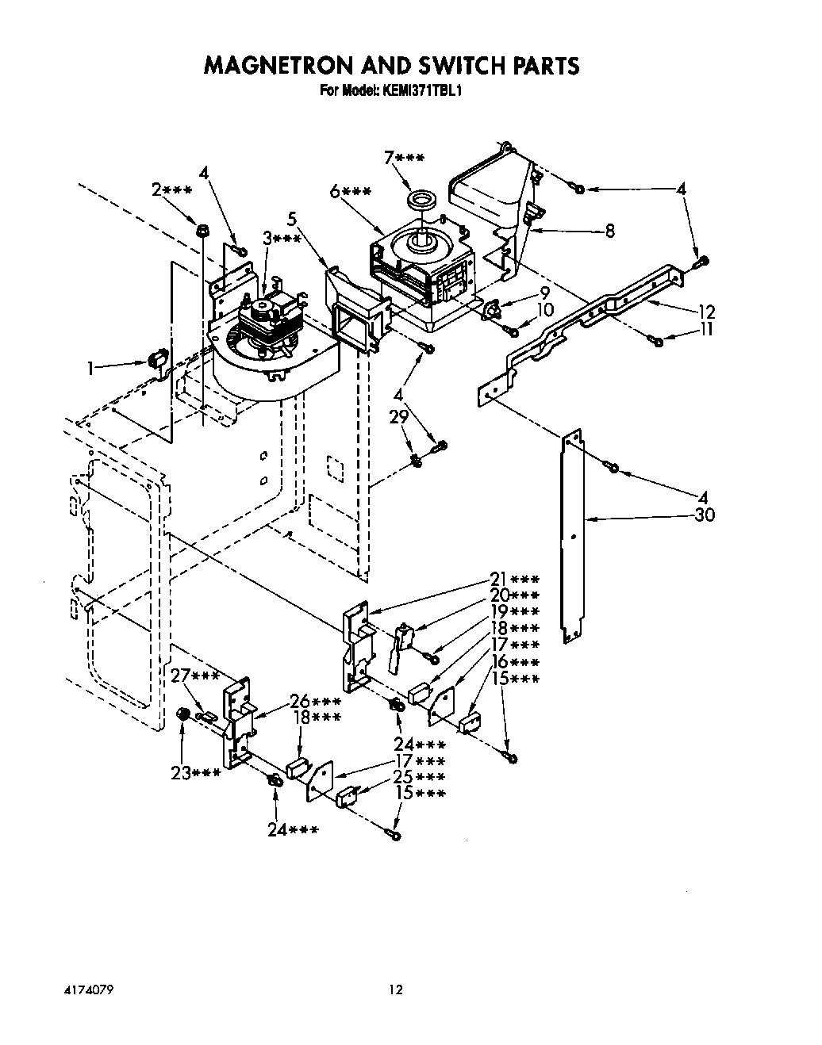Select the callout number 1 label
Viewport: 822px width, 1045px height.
pyautogui.click(x=92, y=368)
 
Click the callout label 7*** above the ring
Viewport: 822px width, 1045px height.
pyautogui.click(x=403, y=159)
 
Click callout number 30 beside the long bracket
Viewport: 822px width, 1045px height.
pyautogui.click(x=703, y=515)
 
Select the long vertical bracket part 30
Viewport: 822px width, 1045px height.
pyautogui.click(x=574, y=539)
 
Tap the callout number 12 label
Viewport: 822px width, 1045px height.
pyautogui.click(x=706, y=312)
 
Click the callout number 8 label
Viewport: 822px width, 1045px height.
pyautogui.click(x=609, y=232)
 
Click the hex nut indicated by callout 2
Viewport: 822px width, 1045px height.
pyautogui.click(x=202, y=231)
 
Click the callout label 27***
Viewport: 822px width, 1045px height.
pyautogui.click(x=195, y=676)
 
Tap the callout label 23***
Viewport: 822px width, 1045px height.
pyautogui.click(x=195, y=773)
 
